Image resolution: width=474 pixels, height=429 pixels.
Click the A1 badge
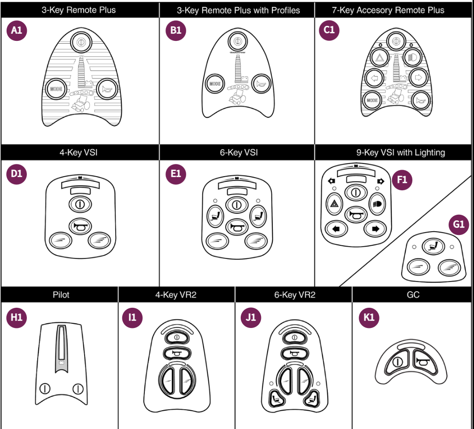tap(16, 31)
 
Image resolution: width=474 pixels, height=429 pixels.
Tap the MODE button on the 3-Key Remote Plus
tap(56, 88)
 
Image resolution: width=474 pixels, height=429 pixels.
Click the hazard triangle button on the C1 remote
tap(379, 58)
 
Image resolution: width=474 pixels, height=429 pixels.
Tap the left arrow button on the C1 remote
tap(375, 78)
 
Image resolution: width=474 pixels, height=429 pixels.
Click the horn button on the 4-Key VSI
tap(79, 226)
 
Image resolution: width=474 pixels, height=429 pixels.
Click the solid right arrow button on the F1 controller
tap(375, 229)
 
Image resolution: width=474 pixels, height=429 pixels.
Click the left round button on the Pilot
tap(45, 388)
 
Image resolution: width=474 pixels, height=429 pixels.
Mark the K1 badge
tap(369, 317)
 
